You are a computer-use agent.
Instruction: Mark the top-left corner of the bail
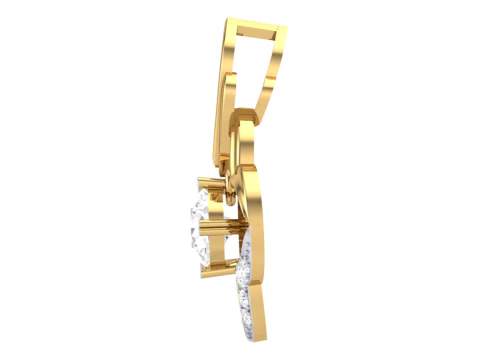click(227, 17)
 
